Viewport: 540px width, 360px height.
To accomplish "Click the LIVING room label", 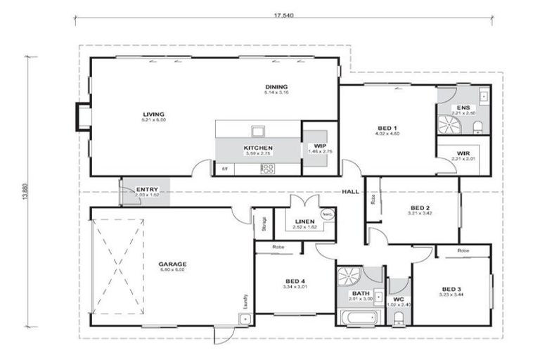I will [153, 114].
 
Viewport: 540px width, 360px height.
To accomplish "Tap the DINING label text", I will [276, 87].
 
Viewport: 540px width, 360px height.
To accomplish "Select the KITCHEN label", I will [257, 148].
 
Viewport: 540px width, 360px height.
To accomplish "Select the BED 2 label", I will [419, 207].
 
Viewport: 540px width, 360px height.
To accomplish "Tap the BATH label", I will [361, 294].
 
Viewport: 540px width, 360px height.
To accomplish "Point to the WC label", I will [398, 299].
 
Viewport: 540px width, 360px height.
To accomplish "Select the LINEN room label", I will [304, 221].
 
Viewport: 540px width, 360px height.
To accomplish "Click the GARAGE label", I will [172, 264].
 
